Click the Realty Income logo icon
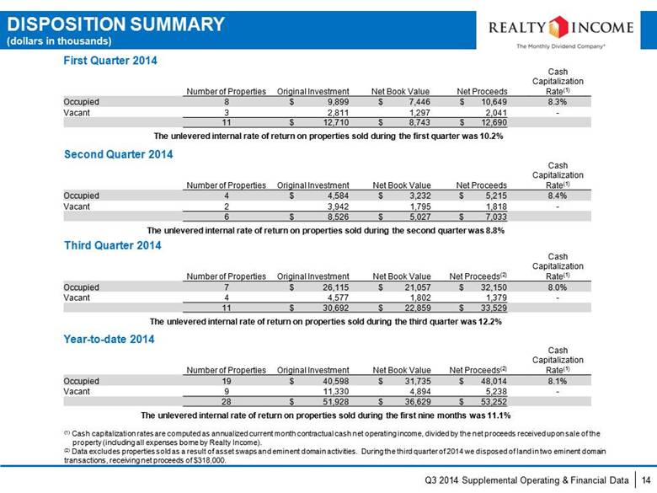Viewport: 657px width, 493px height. click(558, 27)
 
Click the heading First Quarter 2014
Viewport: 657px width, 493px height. click(110, 61)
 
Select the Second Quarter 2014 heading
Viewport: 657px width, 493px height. click(119, 154)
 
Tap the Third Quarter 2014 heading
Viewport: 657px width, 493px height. click(113, 245)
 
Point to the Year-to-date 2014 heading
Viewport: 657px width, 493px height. click(109, 339)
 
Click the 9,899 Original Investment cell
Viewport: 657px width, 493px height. click(338, 102)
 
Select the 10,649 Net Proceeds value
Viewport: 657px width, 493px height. click(494, 102)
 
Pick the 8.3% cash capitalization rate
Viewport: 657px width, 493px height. click(558, 102)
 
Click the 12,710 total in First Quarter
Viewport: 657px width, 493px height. click(335, 122)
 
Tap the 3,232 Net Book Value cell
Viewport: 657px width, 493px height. click(419, 196)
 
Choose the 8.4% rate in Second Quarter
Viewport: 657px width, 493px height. click(558, 196)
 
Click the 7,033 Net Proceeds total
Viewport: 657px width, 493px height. click(496, 217)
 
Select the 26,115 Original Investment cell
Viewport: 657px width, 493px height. click(335, 287)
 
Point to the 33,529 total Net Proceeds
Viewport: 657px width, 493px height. click(494, 308)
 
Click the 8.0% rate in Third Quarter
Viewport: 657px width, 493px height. click(558, 287)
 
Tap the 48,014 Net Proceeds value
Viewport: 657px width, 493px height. click(494, 382)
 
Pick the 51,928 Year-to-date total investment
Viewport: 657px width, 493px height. click(335, 402)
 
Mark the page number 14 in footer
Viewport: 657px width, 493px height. click(646, 480)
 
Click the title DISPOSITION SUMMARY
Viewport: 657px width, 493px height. click(116, 24)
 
